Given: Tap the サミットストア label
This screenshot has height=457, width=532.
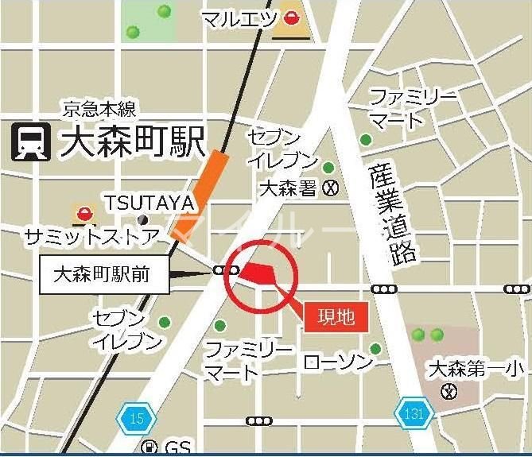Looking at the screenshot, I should (x=94, y=235).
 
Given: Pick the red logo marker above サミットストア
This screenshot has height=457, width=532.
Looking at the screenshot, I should (x=84, y=212).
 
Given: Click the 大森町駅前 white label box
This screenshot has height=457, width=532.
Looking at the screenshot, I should (x=103, y=275).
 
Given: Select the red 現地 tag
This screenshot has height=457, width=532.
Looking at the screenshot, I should (x=336, y=316).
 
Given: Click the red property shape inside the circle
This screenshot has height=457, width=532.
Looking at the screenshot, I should (x=258, y=273).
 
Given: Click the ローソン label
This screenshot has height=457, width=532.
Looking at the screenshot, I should (x=339, y=363).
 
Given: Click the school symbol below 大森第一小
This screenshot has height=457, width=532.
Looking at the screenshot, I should (x=451, y=391).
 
